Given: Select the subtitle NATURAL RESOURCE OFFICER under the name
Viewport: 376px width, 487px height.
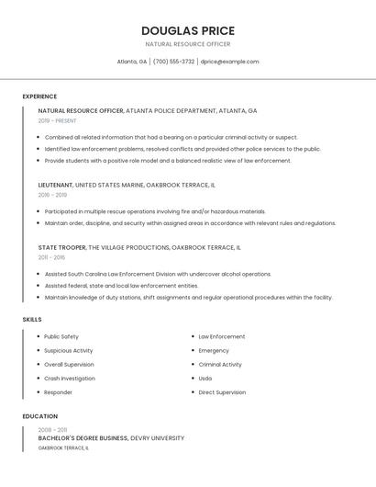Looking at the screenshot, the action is pyautogui.click(x=187, y=44).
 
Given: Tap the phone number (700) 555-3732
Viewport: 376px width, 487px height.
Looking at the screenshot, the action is pyautogui.click(x=173, y=62).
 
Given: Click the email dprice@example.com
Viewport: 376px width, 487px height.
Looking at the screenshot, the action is pyautogui.click(x=229, y=62).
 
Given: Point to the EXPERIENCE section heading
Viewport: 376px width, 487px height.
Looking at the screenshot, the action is pyautogui.click(x=39, y=96).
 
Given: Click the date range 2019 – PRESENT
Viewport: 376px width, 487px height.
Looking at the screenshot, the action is pyautogui.click(x=57, y=120).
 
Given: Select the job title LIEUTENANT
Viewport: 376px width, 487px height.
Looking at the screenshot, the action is pyautogui.click(x=55, y=185).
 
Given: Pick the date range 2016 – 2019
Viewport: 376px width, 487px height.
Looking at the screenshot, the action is pyautogui.click(x=52, y=195).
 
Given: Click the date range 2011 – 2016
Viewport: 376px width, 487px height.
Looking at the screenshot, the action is pyautogui.click(x=51, y=257).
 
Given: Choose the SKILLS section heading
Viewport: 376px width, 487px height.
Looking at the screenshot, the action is pyautogui.click(x=32, y=319).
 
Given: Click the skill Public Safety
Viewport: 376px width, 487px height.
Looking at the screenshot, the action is pyautogui.click(x=61, y=336).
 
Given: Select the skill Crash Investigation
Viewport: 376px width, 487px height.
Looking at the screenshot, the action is pyautogui.click(x=70, y=379).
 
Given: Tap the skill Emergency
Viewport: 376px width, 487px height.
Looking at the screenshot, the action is pyautogui.click(x=214, y=350).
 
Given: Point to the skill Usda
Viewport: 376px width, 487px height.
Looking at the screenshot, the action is pyautogui.click(x=205, y=379).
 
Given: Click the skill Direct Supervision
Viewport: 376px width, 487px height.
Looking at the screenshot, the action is pyautogui.click(x=222, y=392).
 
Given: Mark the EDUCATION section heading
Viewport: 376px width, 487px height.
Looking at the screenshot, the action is pyautogui.click(x=39, y=416).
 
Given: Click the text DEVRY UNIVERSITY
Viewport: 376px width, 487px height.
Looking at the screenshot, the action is pyautogui.click(x=157, y=438).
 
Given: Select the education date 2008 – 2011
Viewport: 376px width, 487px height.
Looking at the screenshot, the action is pyautogui.click(x=52, y=429).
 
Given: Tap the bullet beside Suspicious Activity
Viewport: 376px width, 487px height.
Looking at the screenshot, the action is pyautogui.click(x=38, y=350).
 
